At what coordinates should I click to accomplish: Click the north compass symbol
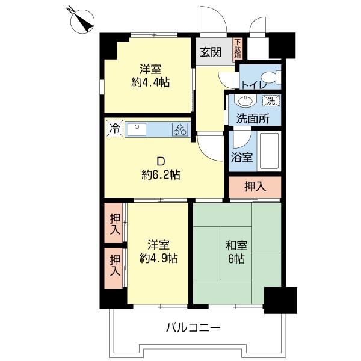(x=82, y=22)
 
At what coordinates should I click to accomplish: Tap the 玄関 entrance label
(x=211, y=52)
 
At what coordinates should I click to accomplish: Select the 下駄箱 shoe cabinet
(x=238, y=49)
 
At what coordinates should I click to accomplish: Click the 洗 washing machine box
(x=271, y=101)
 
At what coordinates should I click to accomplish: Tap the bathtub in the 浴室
(x=269, y=151)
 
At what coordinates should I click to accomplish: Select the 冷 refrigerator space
(x=115, y=129)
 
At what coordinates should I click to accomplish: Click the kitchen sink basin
(x=137, y=129)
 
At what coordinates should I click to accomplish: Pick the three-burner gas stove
(x=180, y=129)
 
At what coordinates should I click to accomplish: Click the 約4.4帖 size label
(x=150, y=82)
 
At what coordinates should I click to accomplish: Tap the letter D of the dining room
(x=161, y=161)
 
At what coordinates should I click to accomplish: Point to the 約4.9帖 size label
(x=159, y=258)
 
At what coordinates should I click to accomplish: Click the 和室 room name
(x=236, y=245)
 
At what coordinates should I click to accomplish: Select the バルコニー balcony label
(x=193, y=327)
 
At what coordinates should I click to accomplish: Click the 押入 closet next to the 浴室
(x=255, y=187)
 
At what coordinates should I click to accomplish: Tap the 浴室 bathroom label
(x=242, y=158)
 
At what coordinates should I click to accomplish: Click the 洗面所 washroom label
(x=253, y=119)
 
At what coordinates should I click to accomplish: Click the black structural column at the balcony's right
(x=280, y=300)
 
